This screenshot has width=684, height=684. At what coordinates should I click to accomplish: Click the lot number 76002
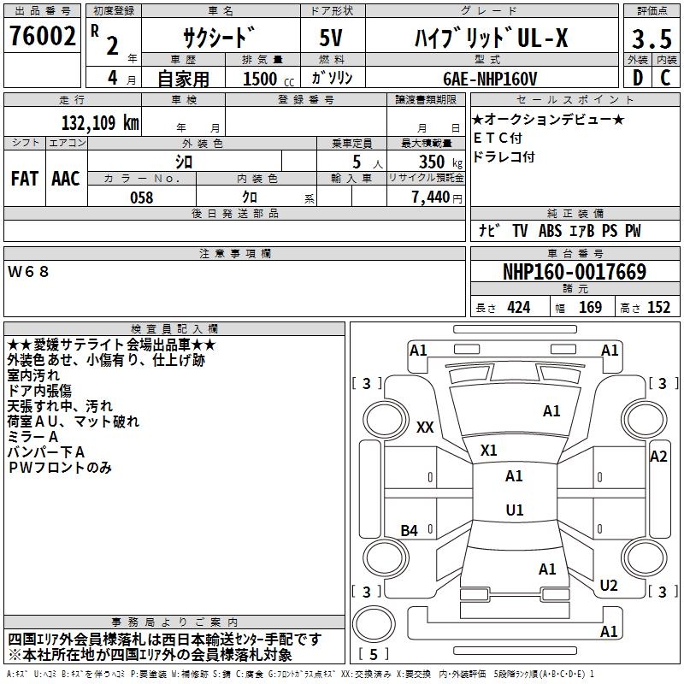42,38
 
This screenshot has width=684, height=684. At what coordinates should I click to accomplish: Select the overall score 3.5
651,39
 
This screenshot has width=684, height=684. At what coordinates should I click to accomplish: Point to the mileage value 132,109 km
100,121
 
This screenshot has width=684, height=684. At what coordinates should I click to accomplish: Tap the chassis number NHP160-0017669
574,273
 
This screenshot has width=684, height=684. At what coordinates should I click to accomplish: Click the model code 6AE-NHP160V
490,78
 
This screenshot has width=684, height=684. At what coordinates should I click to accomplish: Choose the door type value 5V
331,38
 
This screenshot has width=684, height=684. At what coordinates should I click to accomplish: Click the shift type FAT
24,179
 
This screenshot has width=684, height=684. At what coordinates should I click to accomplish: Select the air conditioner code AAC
65,179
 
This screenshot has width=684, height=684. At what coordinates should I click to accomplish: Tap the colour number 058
141,198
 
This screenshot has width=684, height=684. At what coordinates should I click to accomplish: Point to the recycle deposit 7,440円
436,198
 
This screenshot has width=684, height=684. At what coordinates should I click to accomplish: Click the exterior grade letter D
637,78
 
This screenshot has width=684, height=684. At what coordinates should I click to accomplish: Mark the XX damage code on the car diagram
425,427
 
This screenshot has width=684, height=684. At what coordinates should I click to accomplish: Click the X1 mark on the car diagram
489,450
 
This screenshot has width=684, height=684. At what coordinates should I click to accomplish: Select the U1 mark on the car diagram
514,510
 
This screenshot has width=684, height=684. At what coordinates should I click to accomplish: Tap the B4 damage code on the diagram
410,531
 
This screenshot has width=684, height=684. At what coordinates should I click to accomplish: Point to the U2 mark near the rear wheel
609,585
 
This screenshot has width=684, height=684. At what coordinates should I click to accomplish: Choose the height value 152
658,308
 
